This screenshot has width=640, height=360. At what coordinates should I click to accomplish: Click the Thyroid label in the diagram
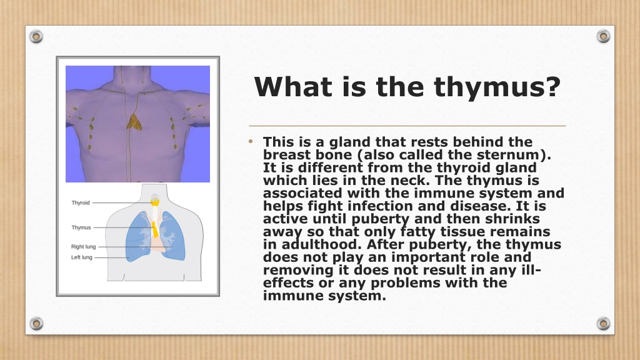[81, 203]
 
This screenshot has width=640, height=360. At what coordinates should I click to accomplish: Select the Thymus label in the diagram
[81, 227]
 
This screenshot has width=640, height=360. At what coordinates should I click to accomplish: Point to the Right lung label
[83, 246]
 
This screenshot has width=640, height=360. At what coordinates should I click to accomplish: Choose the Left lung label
[82, 257]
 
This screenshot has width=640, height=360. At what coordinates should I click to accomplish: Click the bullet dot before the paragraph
[251, 142]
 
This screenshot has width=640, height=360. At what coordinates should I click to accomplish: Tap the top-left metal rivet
[36, 37]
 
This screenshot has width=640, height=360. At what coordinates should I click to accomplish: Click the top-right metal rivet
[603, 36]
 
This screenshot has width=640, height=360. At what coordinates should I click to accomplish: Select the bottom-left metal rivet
[36, 324]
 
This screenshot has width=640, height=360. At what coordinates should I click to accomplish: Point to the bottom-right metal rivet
[603, 324]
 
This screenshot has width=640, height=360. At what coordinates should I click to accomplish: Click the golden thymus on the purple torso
[134, 122]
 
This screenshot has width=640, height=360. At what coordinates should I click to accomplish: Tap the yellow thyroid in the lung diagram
[155, 201]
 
